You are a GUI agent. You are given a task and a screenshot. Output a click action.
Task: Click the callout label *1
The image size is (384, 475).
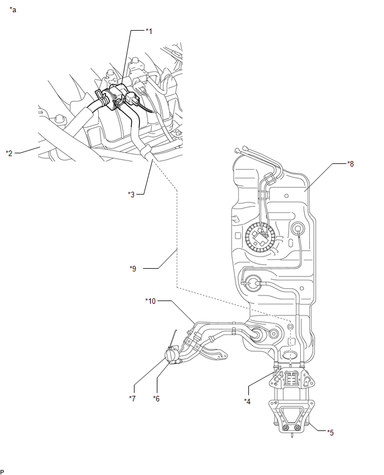coord(148,31)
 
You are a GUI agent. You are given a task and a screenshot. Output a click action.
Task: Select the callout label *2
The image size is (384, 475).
coord(9,153)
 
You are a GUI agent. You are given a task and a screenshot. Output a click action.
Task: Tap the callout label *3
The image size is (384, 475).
coord(131,194)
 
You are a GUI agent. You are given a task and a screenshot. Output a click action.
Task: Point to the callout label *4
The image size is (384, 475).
coord(247,401)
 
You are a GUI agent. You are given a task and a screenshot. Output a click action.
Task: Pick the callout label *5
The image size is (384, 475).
coord(330,433)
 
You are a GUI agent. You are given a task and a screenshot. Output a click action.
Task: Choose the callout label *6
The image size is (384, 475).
coord(156,399)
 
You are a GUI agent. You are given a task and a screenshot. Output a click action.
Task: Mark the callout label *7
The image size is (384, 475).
coord(132,399)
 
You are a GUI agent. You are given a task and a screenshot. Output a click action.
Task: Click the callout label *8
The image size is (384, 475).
coord(351,164)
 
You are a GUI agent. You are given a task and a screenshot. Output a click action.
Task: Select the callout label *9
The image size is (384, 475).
coord(133,269)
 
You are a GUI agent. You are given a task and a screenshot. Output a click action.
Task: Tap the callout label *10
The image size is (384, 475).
coord(151,301)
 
